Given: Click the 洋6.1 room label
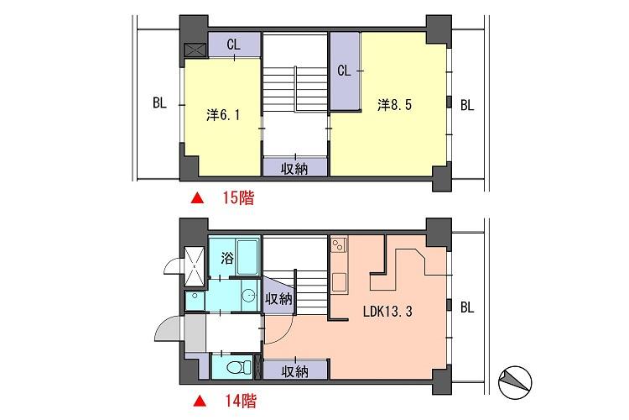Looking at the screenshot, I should pos(223,115).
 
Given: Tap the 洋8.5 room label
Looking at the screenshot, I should pos(394,105).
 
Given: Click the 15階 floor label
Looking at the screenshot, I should pos(238,199).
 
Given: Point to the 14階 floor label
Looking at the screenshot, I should pos(238,401).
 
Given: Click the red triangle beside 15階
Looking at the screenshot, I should pos(197,199).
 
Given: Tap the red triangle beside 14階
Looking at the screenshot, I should pos(197,401).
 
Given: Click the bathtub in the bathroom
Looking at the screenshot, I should pos(248,257).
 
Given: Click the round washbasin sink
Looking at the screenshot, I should pos(249,296).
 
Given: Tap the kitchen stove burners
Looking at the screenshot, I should pos(340,245).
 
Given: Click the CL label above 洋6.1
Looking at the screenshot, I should pos(233,45).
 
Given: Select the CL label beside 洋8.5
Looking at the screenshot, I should pos(343,71).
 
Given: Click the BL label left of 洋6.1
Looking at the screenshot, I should pos(159,105).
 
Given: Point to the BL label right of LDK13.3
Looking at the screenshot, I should pos(467,307).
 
